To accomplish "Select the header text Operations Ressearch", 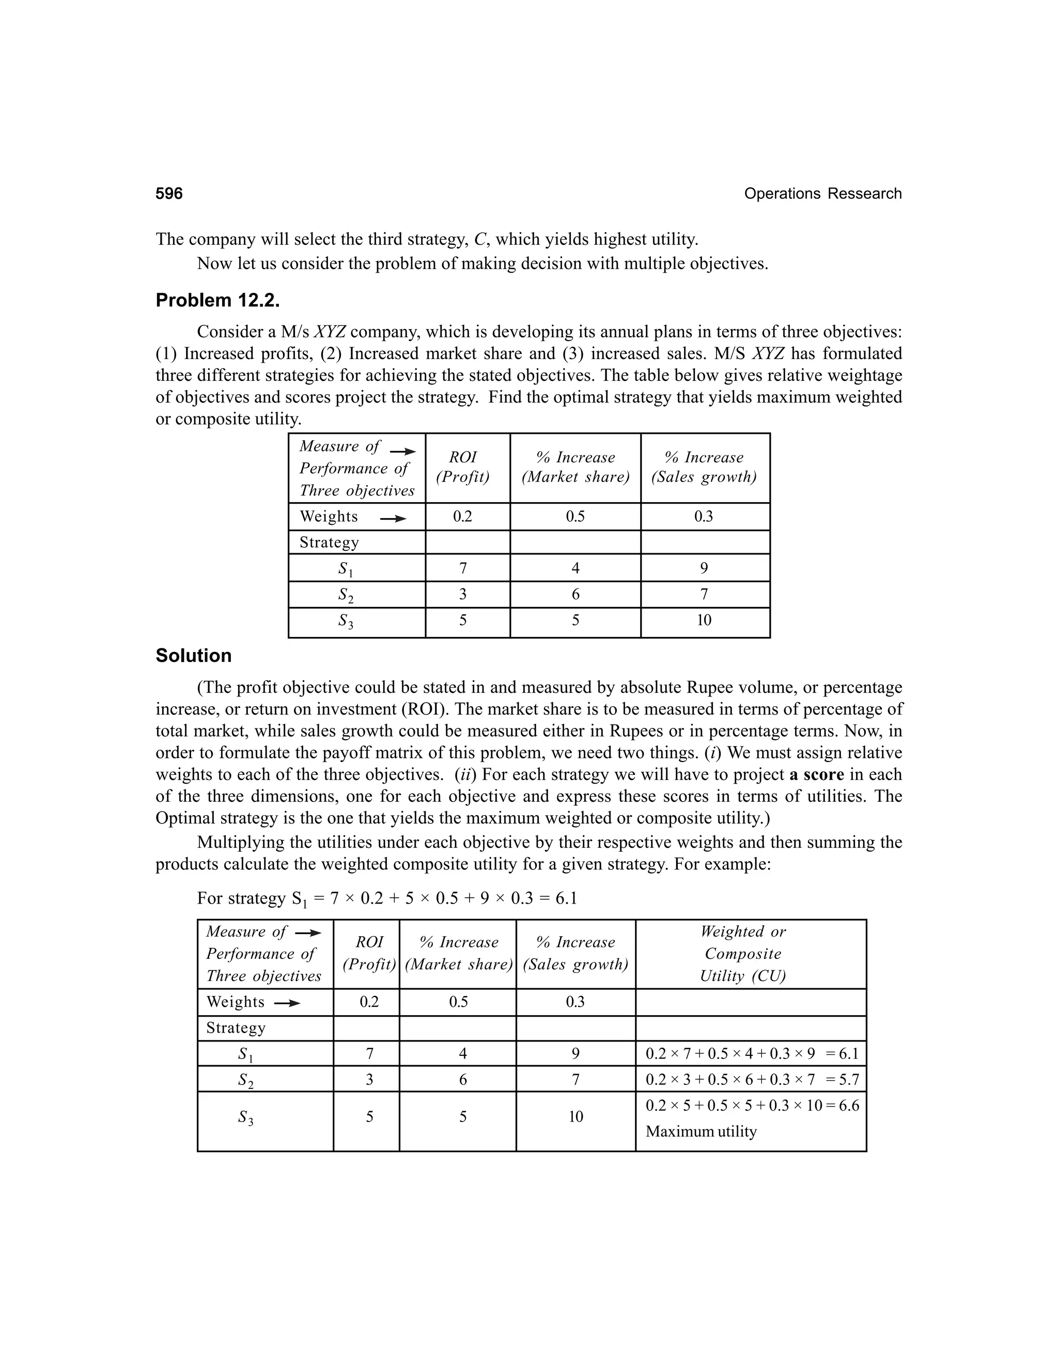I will tap(822, 194).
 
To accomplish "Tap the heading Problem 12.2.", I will tap(217, 300).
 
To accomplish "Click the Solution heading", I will tap(193, 656).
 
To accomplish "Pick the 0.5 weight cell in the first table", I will tap(575, 517).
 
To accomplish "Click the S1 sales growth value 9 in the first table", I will tap(704, 568).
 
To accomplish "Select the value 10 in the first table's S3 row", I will tap(704, 620).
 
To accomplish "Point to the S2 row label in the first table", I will tap(346, 595).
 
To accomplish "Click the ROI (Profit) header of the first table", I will tap(462, 467).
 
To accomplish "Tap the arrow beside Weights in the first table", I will tap(393, 518).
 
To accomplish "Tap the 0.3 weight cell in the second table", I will tap(575, 1002).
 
